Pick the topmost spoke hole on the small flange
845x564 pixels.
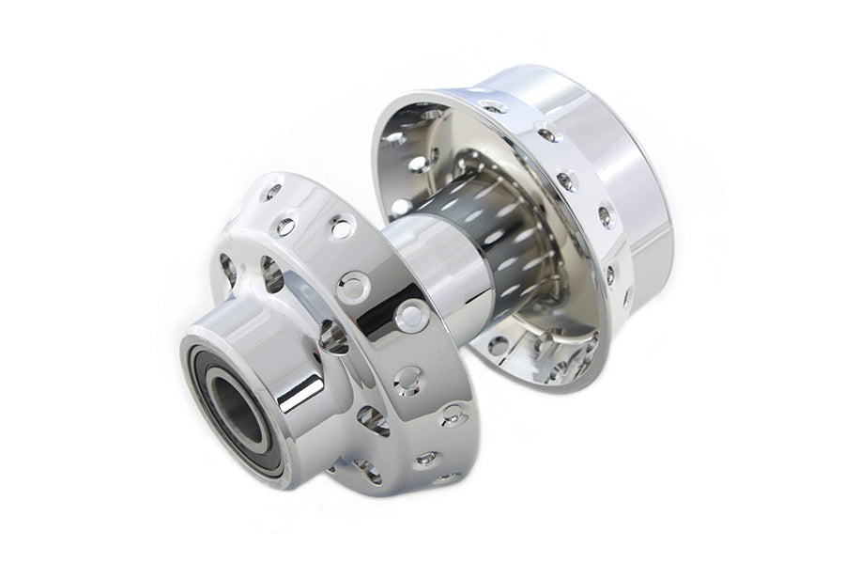pos(272,193)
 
